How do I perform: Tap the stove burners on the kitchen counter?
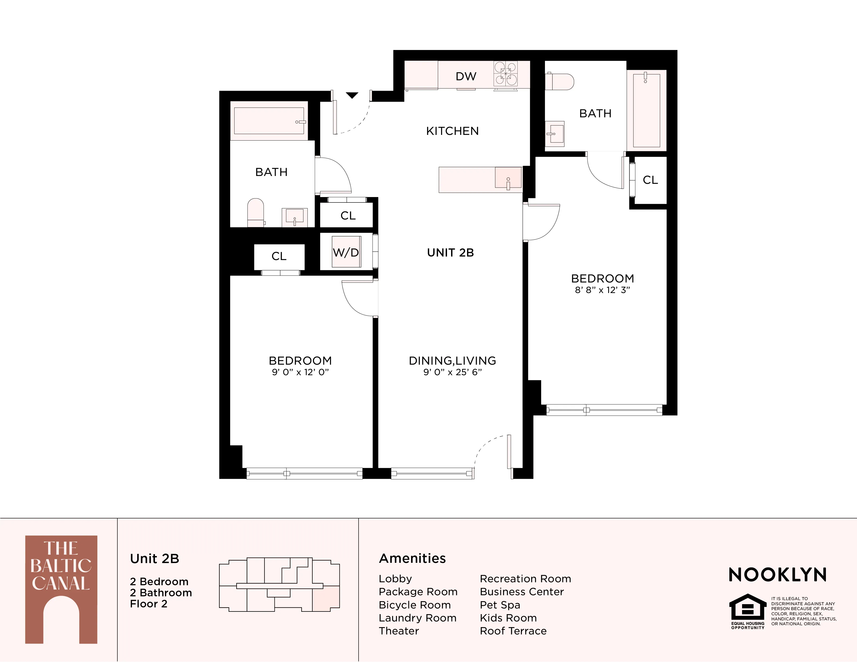coord(505,74)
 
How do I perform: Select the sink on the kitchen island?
coord(508,178)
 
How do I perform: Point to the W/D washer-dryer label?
coord(346,252)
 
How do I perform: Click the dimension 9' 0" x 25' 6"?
coord(452,372)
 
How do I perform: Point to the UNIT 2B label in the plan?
coord(451,252)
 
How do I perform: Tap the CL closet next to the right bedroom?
coord(650,180)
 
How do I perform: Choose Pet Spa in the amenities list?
coord(500,605)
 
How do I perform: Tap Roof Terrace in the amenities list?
coord(513,631)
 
